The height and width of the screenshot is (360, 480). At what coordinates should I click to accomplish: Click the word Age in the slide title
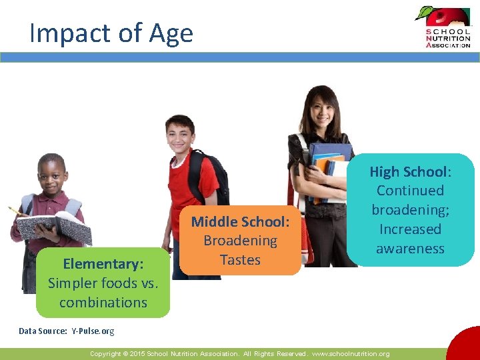click(171, 33)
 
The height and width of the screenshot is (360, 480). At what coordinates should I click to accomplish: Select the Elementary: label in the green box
click(103, 264)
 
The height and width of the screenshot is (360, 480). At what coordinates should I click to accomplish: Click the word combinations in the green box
click(103, 302)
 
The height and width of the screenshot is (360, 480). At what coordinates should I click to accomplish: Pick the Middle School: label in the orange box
click(240, 221)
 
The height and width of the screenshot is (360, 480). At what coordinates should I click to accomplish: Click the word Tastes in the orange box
click(240, 260)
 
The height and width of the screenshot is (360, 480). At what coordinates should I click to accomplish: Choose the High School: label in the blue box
click(410, 172)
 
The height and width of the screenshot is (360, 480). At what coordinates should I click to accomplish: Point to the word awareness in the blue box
click(410, 248)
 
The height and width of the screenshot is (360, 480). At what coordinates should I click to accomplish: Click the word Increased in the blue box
click(410, 229)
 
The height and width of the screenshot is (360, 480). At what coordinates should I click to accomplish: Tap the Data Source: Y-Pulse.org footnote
click(66, 331)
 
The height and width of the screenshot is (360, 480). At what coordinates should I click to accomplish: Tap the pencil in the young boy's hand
click(17, 213)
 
